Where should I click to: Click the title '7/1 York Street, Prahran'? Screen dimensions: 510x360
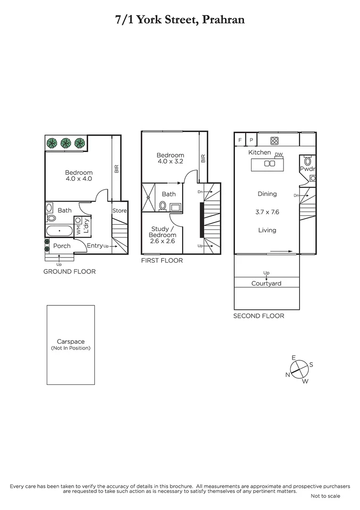(180, 20)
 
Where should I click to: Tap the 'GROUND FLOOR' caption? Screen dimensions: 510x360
(69, 272)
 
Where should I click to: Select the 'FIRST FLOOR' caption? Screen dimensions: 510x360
(162, 260)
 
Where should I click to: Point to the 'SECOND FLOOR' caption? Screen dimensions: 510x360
(259, 316)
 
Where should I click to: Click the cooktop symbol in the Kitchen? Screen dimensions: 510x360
(274, 140)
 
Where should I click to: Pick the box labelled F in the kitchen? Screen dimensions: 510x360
(240, 140)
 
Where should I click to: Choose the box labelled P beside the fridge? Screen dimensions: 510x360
(251, 140)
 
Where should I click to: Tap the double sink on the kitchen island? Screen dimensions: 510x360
(269, 164)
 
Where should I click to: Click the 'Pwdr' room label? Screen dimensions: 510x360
(307, 169)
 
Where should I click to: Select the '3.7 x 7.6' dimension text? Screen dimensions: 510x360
(267, 212)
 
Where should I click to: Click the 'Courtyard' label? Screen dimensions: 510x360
(266, 283)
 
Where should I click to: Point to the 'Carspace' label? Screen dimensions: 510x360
(70, 341)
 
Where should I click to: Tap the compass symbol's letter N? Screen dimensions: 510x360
(287, 375)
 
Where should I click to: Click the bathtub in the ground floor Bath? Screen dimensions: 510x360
(60, 231)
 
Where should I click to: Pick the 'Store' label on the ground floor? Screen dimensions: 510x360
(119, 211)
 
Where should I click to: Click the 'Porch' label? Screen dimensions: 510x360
(62, 246)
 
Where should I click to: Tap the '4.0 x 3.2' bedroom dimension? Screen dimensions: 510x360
(170, 161)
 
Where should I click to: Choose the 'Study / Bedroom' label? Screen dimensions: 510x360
(162, 232)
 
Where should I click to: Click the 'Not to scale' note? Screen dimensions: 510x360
(325, 496)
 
